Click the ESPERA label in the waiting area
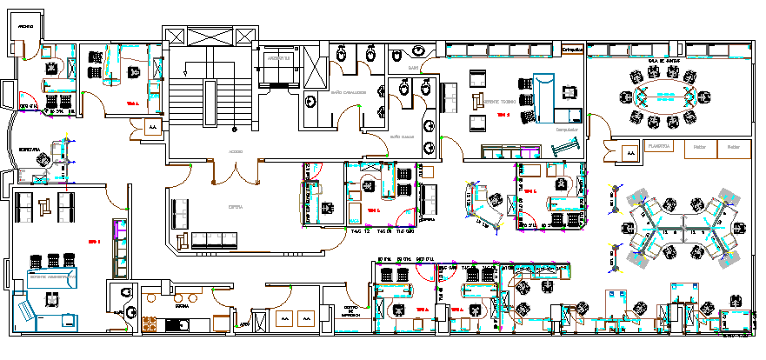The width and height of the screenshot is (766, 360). tap(235, 207)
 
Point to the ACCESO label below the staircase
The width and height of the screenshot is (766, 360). tap(236, 151)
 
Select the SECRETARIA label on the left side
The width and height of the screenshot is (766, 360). tap(29, 150)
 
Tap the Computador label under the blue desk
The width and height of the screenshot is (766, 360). tap(567, 128)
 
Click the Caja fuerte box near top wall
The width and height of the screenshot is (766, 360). tap(572, 50)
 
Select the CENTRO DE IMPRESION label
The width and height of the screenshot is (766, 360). tap(351, 311)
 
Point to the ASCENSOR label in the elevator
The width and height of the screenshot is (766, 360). tap(278, 58)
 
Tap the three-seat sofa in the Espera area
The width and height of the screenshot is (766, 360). tap(208, 237)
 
